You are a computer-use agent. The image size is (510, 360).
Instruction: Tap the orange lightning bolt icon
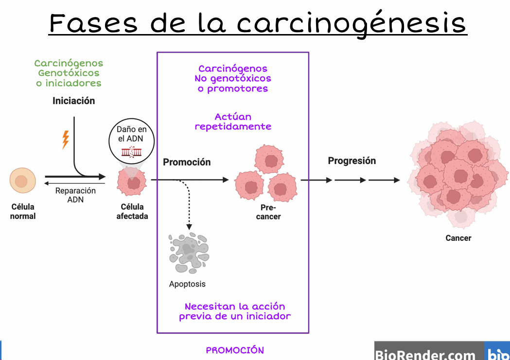(x=65, y=140)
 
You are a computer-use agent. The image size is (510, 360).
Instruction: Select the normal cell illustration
(x=22, y=181)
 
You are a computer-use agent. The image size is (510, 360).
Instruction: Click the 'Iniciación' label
(x=74, y=101)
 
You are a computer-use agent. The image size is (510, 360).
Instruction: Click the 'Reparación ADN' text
(x=75, y=195)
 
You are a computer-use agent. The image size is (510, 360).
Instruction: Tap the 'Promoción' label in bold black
(x=187, y=162)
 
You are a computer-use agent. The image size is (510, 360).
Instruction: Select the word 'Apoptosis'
(x=187, y=284)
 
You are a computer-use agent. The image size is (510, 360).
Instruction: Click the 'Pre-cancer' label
(x=268, y=212)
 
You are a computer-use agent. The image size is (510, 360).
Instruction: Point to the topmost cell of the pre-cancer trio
(x=269, y=159)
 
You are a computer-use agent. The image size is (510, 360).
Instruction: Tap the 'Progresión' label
(x=352, y=161)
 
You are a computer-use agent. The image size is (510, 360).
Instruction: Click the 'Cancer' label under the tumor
(x=458, y=238)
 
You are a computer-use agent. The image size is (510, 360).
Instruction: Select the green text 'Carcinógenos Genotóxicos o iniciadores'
(x=69, y=73)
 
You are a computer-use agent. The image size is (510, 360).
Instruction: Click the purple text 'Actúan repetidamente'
(x=233, y=122)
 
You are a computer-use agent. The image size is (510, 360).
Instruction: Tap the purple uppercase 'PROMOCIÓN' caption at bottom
(x=235, y=350)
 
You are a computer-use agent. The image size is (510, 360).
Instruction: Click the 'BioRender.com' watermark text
(x=425, y=354)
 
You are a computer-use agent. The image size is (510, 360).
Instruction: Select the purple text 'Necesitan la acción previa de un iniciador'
(x=235, y=311)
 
